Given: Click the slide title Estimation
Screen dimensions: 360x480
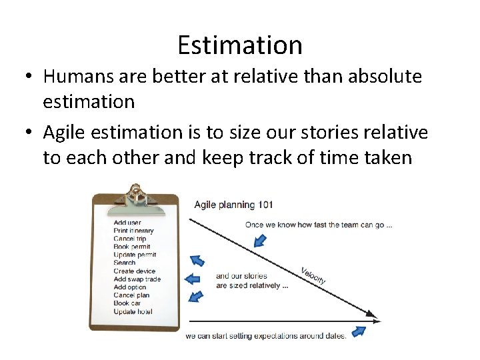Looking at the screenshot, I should [x=240, y=45].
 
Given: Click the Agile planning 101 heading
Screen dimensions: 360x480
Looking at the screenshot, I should [x=233, y=205].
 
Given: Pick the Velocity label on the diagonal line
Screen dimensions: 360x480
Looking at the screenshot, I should [x=313, y=275].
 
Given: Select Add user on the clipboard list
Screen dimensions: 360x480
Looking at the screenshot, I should [x=127, y=223].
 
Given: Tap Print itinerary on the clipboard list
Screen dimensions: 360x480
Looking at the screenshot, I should [x=133, y=231].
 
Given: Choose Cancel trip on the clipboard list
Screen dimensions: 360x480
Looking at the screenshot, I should [x=130, y=239].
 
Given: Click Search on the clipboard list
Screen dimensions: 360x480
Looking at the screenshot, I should [x=125, y=263].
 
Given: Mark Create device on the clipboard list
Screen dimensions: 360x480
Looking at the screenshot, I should [x=134, y=271].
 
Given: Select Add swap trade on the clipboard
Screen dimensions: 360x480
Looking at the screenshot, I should [x=137, y=279].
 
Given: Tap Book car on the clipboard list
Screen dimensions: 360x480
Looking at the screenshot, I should [x=127, y=303].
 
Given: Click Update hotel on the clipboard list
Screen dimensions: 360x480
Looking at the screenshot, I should [x=133, y=311].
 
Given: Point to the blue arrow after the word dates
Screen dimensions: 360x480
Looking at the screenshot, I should [x=359, y=331].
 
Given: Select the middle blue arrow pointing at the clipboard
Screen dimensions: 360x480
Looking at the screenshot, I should [x=192, y=279].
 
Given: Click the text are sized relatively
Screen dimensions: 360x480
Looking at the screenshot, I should [x=252, y=285].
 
